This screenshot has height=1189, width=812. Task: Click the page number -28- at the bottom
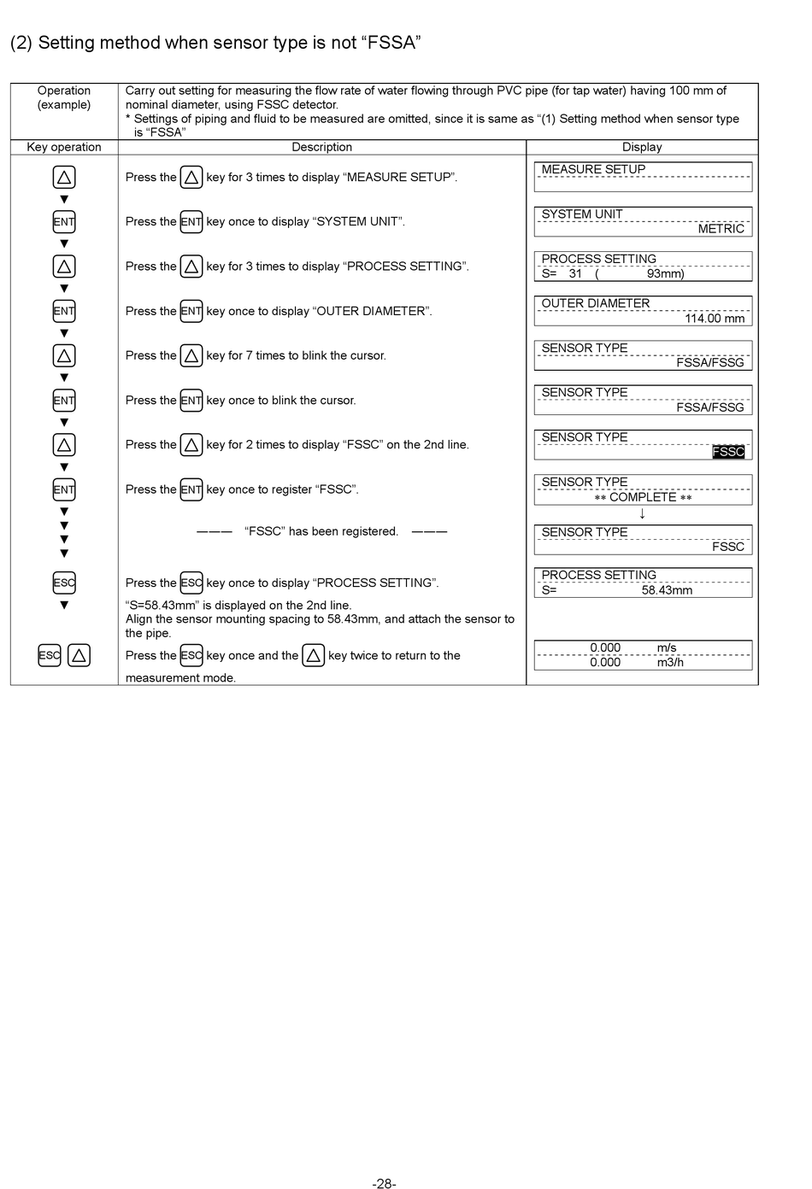tap(384, 1183)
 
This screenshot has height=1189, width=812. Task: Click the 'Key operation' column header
tap(64, 147)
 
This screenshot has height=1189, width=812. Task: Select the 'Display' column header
tap(642, 147)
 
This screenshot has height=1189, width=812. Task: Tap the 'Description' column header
tap(321, 147)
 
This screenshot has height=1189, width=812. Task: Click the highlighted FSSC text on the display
tap(728, 452)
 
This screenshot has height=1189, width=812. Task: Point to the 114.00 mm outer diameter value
tap(714, 319)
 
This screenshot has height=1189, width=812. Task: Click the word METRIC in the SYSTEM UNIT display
tap(721, 229)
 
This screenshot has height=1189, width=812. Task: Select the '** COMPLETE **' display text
tap(643, 497)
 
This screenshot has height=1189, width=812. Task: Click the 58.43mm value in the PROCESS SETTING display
tap(667, 590)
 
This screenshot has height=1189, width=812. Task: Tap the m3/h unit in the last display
tap(670, 662)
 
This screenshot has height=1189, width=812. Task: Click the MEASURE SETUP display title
tap(593, 169)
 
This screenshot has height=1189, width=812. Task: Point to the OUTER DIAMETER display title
tap(595, 303)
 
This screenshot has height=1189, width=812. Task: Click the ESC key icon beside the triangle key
tap(50, 655)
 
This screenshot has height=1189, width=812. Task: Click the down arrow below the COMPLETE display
tap(642, 513)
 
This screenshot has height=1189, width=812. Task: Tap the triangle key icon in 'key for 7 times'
tap(191, 355)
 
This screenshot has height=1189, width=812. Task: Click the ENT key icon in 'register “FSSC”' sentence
tap(191, 489)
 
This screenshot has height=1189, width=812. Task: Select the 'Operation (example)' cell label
tap(64, 97)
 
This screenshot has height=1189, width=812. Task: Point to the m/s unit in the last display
tap(667, 647)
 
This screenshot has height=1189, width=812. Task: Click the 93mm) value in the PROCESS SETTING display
tap(665, 273)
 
